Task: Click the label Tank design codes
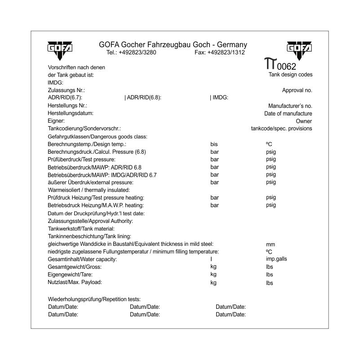[x=290, y=75]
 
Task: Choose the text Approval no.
[x=297, y=90]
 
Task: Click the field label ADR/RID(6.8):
[x=143, y=97]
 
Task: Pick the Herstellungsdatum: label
[x=71, y=114]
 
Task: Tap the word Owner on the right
[x=304, y=121]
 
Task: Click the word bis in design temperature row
[x=214, y=144]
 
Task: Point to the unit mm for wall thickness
[x=270, y=245]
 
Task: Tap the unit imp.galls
[x=276, y=259]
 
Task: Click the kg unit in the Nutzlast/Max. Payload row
[x=213, y=283]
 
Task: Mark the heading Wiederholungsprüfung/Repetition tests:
[x=94, y=299]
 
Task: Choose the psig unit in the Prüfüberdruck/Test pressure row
[x=271, y=160]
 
